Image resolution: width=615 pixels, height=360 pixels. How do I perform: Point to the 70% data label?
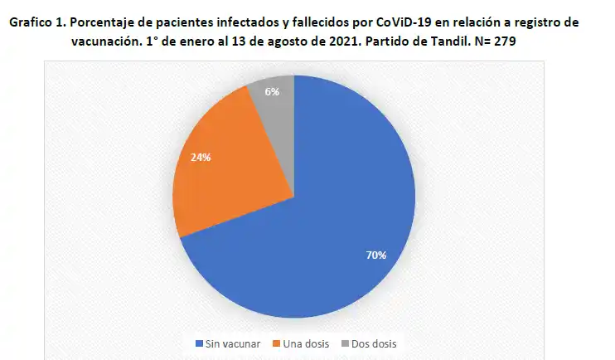(376, 255)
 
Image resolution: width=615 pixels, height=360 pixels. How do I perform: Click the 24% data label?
(201, 156)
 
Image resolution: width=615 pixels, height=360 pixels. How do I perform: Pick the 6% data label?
(272, 92)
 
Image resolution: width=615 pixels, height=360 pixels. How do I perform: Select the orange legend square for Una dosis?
(277, 343)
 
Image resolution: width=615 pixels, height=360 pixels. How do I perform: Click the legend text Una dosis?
(307, 343)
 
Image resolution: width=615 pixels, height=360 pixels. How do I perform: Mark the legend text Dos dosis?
(374, 343)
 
